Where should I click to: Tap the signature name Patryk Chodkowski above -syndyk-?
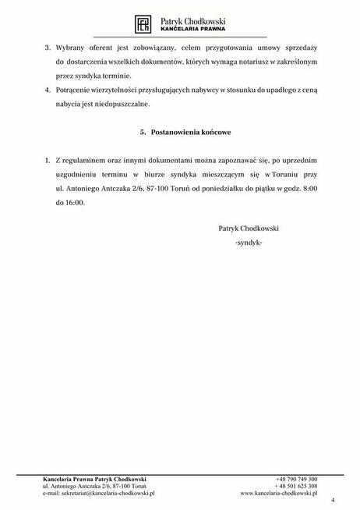click(249, 230)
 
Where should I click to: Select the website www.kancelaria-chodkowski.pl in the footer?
click(279, 494)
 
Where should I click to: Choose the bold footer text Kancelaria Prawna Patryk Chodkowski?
click(94, 479)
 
